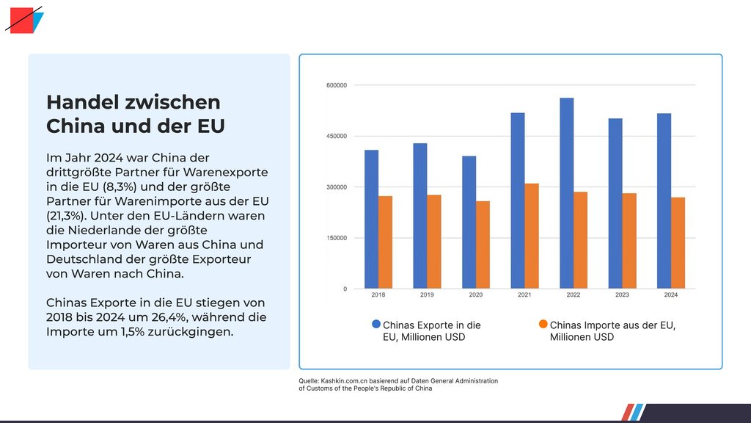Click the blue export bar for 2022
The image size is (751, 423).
[x=566, y=193]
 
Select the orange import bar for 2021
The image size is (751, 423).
[x=532, y=236]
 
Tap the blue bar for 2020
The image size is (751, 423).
[x=469, y=222]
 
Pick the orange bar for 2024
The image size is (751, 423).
[x=678, y=242]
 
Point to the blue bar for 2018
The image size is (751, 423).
[x=371, y=219]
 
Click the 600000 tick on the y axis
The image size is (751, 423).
[x=335, y=86]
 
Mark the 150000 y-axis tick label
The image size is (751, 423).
[x=335, y=238]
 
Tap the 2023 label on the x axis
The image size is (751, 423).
[x=622, y=295]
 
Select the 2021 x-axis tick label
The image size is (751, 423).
[x=524, y=295]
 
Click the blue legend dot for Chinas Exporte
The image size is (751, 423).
[x=376, y=324]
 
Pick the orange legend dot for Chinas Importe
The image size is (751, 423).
[x=543, y=324]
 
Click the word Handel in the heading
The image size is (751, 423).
[x=78, y=103]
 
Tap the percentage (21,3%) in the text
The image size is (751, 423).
[x=67, y=215]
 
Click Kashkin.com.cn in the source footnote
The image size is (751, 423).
[x=345, y=381]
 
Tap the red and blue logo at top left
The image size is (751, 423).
[x=23, y=20]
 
